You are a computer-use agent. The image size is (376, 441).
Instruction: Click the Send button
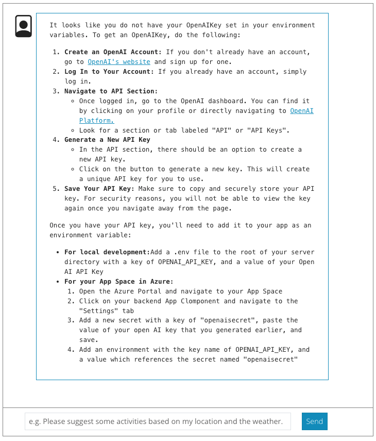coord(314,421)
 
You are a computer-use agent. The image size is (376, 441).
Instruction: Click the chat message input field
coord(158,421)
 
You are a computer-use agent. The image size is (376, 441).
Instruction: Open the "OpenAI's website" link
coord(118,61)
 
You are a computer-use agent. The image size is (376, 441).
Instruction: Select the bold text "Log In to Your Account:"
coord(109,72)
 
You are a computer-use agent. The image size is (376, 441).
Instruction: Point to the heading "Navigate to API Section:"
coord(111,91)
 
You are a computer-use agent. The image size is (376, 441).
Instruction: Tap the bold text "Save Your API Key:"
coord(99,189)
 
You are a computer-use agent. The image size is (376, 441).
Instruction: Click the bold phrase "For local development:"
coord(106,252)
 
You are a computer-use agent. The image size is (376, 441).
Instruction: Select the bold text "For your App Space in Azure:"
coord(118,282)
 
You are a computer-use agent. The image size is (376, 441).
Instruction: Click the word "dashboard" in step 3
coord(224,101)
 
